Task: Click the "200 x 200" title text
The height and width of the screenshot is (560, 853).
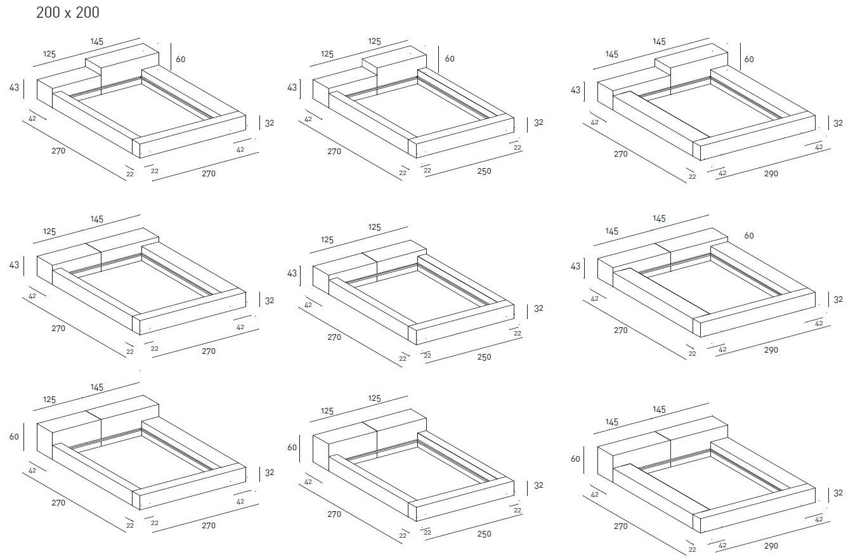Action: pos(68,13)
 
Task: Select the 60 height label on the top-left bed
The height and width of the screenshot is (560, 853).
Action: pos(181,59)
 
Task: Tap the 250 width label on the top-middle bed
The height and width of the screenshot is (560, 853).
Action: pos(483,171)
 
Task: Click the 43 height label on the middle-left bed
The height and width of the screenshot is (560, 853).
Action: pos(15,265)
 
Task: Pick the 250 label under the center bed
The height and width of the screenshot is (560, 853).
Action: pos(483,357)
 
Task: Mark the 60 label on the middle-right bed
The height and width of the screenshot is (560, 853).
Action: pos(749,235)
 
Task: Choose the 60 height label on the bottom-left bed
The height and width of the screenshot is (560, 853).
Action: pos(15,436)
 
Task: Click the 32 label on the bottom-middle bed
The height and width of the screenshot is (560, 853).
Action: pos(538,485)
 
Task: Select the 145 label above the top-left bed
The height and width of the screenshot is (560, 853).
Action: pos(96,42)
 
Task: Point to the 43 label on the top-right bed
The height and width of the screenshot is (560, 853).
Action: pos(575,90)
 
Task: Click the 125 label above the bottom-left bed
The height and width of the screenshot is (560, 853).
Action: pos(49,400)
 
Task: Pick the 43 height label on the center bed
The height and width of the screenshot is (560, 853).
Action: pos(292,273)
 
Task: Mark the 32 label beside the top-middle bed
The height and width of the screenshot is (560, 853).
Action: pos(538,122)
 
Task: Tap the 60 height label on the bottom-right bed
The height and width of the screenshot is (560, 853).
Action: pos(575,459)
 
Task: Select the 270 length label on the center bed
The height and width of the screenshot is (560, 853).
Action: pos(334,337)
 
